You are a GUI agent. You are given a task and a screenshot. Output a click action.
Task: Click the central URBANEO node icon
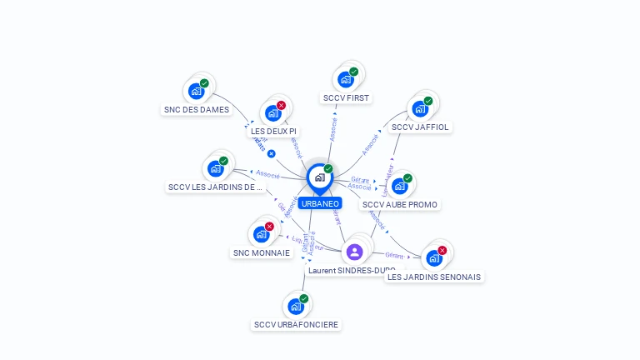click(x=319, y=177)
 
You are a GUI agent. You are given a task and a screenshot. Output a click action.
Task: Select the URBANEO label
click(x=319, y=203)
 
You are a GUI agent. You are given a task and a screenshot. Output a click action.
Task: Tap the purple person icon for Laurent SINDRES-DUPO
click(x=354, y=252)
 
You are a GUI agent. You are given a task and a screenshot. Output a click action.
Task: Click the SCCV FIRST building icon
click(x=346, y=80)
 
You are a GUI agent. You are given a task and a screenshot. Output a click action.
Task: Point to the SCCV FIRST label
click(x=346, y=98)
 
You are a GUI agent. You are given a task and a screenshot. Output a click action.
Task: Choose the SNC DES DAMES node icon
click(x=197, y=91)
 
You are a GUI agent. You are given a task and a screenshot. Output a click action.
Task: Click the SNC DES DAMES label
click(x=197, y=109)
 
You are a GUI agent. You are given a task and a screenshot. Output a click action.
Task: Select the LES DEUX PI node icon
click(x=273, y=113)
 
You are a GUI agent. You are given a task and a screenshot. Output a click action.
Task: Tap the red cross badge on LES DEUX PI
click(x=281, y=105)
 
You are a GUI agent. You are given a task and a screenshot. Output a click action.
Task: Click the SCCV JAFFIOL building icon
click(x=420, y=109)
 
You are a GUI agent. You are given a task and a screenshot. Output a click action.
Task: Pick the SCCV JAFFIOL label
click(x=420, y=127)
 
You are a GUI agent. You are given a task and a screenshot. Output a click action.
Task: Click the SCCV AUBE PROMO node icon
click(x=400, y=186)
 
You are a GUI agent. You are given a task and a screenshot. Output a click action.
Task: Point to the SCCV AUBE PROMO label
click(x=400, y=204)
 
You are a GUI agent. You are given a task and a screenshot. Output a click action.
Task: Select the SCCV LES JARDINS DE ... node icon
click(x=216, y=168)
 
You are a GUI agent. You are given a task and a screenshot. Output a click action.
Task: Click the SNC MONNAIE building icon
click(x=262, y=234)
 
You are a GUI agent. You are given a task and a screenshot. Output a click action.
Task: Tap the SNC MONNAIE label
click(x=262, y=252)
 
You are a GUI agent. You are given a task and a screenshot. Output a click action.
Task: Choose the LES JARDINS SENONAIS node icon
click(x=434, y=258)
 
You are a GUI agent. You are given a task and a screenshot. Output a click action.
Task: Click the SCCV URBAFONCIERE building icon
click(x=296, y=306)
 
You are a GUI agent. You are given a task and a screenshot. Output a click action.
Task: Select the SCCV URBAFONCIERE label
click(x=297, y=324)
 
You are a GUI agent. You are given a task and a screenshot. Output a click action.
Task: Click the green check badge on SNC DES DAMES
click(x=204, y=83)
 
